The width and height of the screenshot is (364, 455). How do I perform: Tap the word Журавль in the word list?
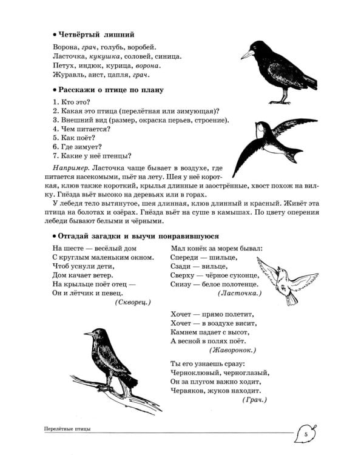click(x=69, y=75)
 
